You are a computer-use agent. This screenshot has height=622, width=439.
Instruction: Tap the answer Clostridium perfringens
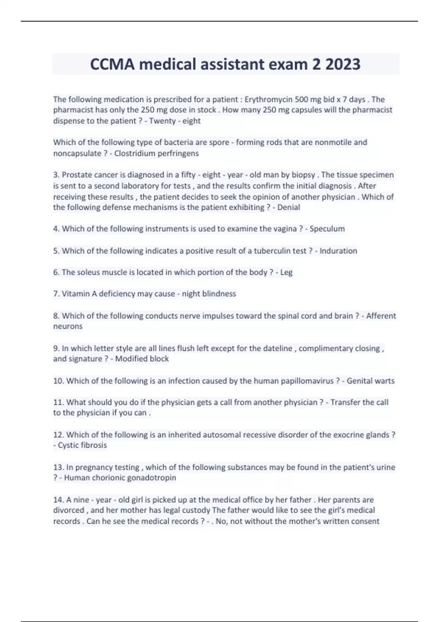157,153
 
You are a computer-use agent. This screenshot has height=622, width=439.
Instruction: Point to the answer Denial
289,207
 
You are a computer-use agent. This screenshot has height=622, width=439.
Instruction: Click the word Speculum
327,229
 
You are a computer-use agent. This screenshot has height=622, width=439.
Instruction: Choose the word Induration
338,251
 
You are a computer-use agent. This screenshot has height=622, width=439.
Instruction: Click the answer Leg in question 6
286,273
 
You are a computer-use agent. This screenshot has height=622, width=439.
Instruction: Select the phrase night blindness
209,294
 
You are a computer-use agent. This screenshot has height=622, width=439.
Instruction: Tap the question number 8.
56,316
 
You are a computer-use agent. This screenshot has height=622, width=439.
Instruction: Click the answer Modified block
142,359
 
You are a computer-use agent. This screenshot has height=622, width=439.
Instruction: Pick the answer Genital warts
371,381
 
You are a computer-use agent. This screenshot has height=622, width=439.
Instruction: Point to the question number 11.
59,402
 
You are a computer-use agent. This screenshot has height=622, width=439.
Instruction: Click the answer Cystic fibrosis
82,445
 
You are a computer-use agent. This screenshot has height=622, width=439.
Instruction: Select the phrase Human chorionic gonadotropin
120,478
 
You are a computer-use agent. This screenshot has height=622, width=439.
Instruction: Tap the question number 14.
59,500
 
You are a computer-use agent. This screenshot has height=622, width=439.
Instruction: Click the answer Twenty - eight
175,121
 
